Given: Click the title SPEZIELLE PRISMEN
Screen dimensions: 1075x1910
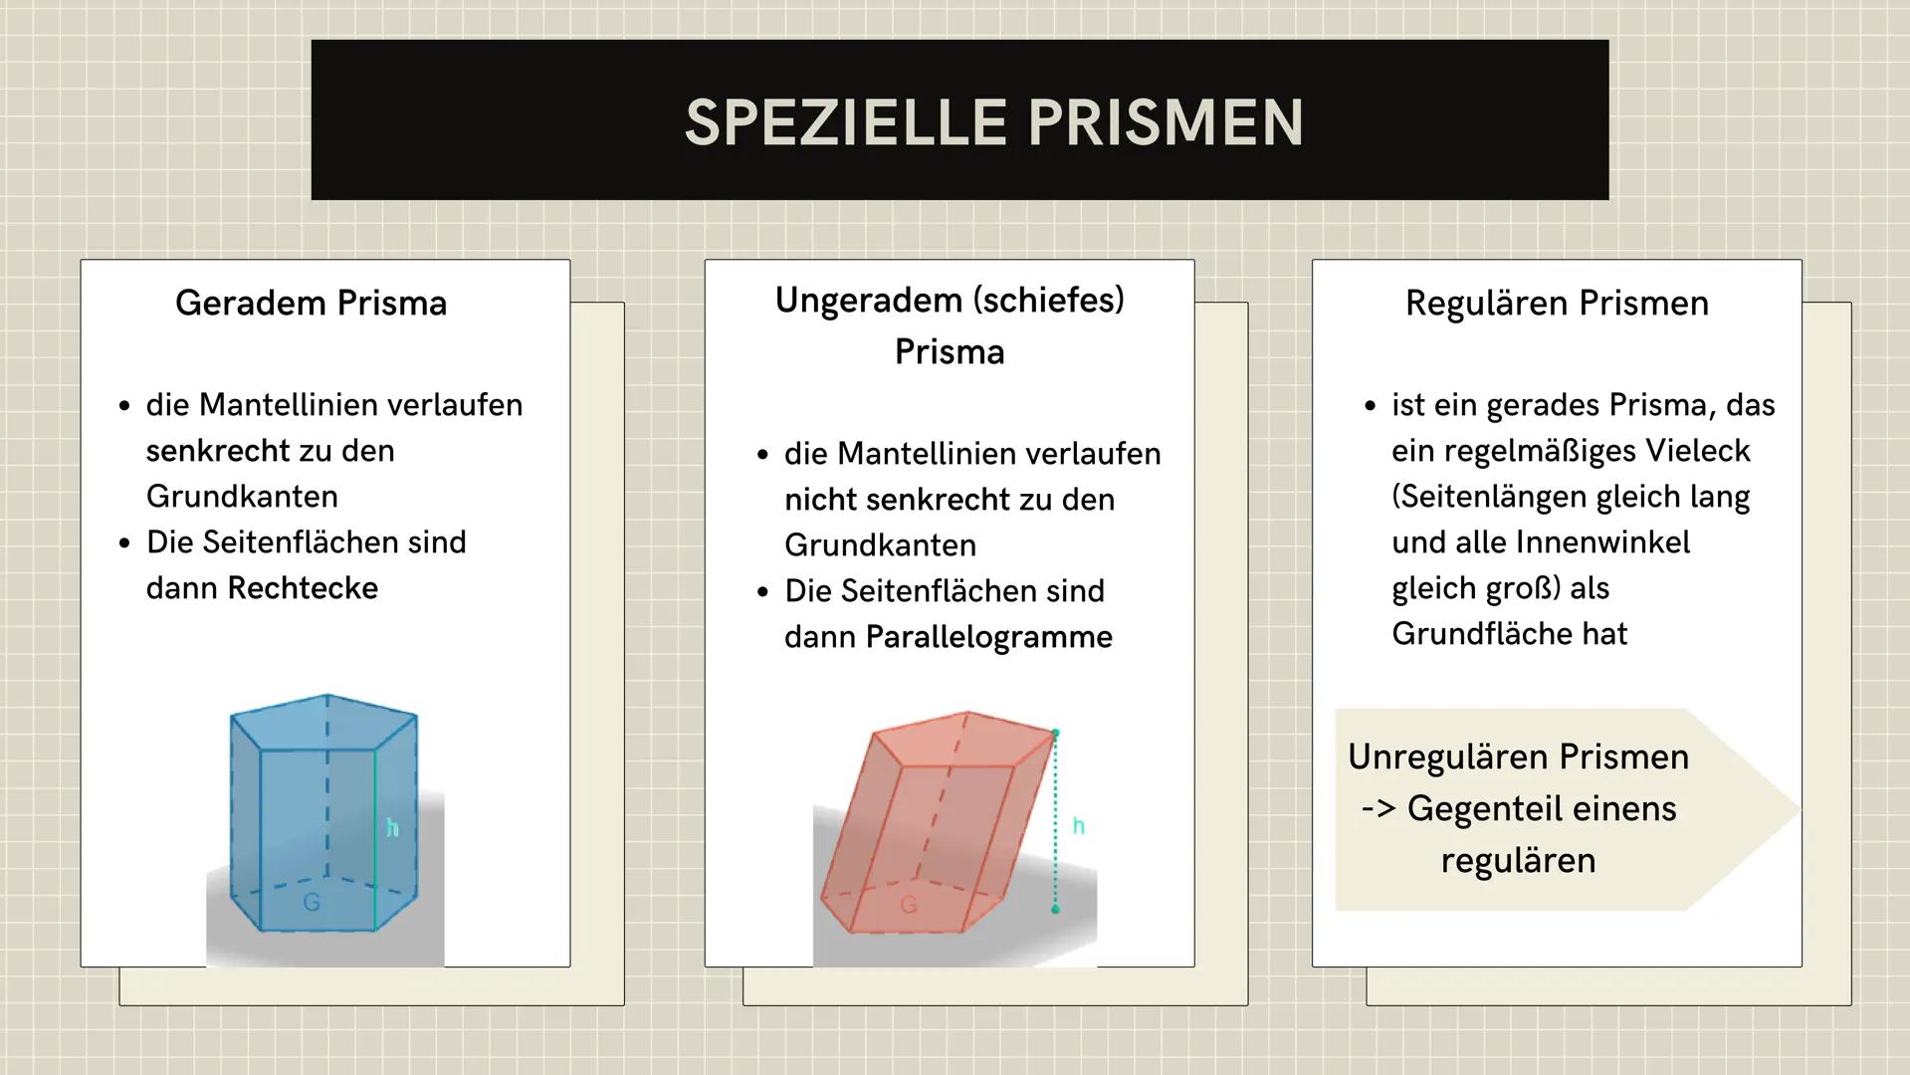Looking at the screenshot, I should click(x=993, y=122).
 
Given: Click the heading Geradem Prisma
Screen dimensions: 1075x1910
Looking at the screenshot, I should click(x=311, y=303).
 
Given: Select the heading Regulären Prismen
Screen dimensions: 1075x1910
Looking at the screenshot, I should click(x=1556, y=303).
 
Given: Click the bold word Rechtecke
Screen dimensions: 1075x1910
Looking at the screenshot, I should click(x=303, y=588).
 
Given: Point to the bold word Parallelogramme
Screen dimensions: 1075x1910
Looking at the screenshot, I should click(x=988, y=637).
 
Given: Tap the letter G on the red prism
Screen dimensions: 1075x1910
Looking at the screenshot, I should click(x=908, y=905).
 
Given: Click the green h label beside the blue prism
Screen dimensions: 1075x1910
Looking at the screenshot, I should click(x=392, y=827).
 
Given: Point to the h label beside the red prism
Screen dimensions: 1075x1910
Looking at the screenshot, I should click(x=1078, y=826).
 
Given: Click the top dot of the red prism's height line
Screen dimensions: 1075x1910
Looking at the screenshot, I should click(x=1055, y=733).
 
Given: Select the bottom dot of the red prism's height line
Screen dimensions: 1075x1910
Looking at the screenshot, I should click(x=1055, y=909).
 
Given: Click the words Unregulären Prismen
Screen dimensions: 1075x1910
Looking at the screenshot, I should click(x=1518, y=757).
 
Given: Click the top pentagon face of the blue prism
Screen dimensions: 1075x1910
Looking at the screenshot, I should click(x=323, y=722).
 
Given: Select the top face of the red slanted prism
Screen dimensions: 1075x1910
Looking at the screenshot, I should click(x=960, y=739).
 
